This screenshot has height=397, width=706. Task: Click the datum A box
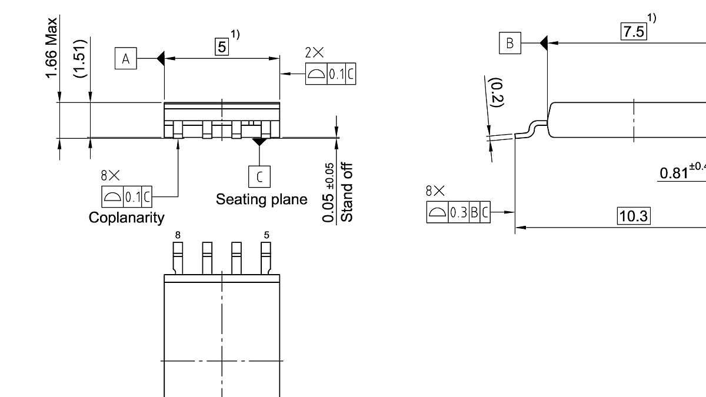click(x=125, y=59)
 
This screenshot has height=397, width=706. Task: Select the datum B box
click(x=510, y=43)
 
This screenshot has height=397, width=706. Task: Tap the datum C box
click(x=259, y=176)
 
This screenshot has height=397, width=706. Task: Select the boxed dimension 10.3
click(x=633, y=216)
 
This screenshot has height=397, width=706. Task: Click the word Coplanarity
click(x=126, y=218)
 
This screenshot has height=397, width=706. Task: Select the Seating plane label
click(x=261, y=199)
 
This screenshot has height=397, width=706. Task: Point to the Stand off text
click(x=348, y=192)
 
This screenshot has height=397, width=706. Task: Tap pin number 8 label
click(x=178, y=235)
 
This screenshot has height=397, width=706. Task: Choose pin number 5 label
click(x=267, y=235)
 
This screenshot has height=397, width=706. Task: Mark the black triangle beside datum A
click(x=160, y=59)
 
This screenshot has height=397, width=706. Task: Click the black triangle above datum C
click(x=259, y=142)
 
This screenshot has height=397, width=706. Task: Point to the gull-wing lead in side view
click(x=531, y=129)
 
